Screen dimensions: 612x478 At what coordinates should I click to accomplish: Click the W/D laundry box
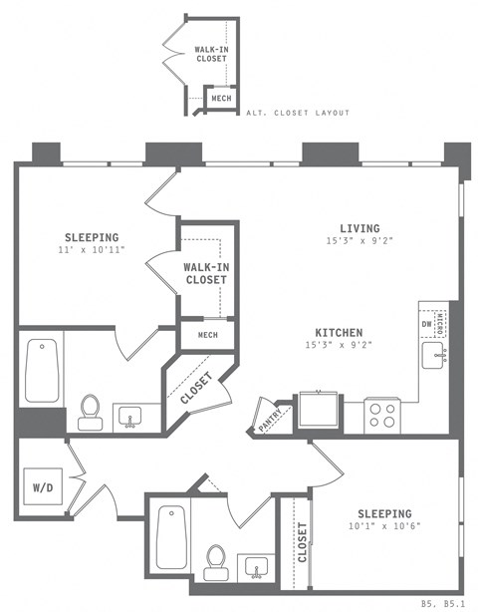click(x=43, y=489)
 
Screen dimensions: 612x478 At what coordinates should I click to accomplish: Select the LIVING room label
click(x=359, y=228)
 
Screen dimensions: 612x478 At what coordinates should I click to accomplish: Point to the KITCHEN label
click(x=339, y=333)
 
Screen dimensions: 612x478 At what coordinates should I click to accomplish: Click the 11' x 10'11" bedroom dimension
click(x=92, y=251)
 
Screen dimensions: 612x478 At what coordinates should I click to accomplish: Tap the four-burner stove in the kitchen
click(x=382, y=412)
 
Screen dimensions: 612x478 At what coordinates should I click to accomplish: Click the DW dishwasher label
click(x=427, y=323)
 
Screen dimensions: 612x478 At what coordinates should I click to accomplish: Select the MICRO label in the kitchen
click(x=442, y=323)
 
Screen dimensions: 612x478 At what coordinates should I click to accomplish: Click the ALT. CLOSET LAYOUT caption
click(x=298, y=113)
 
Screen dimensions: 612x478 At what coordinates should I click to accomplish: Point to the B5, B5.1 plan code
click(x=442, y=603)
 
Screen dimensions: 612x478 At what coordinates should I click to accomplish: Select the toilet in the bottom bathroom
click(x=215, y=562)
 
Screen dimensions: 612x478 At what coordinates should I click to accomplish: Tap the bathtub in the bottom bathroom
click(x=171, y=544)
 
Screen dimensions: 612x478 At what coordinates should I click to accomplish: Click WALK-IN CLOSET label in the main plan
click(x=207, y=273)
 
